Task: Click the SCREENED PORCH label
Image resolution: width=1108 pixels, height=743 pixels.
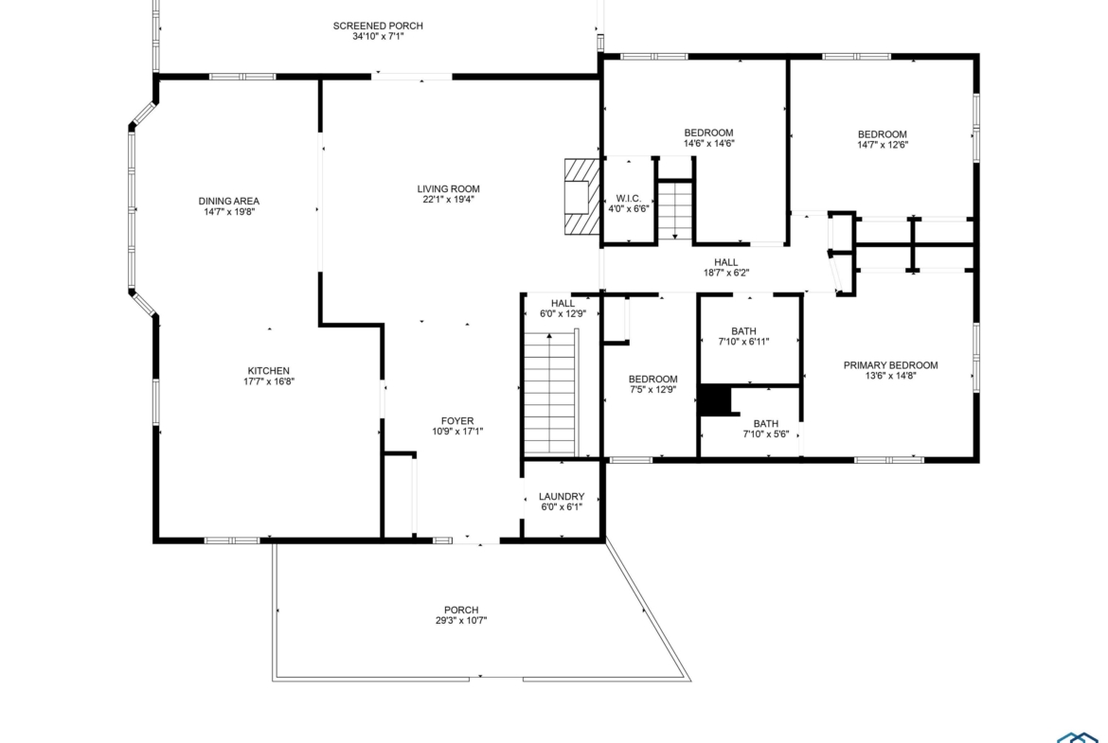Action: coord(378,27)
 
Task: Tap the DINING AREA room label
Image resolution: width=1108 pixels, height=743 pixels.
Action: coord(229,202)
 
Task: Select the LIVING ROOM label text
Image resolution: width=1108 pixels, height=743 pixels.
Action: coord(448,188)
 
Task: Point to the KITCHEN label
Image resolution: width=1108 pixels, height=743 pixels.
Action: coord(269,371)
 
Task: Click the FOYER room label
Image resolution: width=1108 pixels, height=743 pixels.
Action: coord(457,421)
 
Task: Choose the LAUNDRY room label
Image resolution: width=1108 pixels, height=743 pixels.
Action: coord(562,497)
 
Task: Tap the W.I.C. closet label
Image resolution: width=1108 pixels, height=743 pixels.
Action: coord(628,199)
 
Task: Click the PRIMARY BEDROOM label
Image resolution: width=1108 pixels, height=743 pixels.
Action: coord(890,365)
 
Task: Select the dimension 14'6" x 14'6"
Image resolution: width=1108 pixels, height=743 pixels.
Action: coord(708,143)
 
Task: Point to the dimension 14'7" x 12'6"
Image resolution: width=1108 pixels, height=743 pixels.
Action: coord(883,145)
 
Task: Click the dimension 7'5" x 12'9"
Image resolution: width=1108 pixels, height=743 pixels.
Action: coord(652,389)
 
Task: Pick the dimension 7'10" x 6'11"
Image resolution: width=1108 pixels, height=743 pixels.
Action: coord(743,342)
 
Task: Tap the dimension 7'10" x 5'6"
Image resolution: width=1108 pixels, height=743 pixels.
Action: coord(765,434)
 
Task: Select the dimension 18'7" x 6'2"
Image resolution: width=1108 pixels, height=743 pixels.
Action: coord(725,273)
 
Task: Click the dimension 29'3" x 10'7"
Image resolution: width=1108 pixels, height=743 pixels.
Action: coord(461,621)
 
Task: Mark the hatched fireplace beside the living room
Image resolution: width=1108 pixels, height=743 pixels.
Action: coord(581,196)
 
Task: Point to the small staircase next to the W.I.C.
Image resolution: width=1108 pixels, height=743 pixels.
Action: coord(675,210)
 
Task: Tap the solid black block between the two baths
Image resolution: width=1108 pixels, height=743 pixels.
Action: coord(715,400)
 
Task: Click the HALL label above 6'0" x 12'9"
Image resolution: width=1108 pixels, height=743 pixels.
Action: coord(563,304)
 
